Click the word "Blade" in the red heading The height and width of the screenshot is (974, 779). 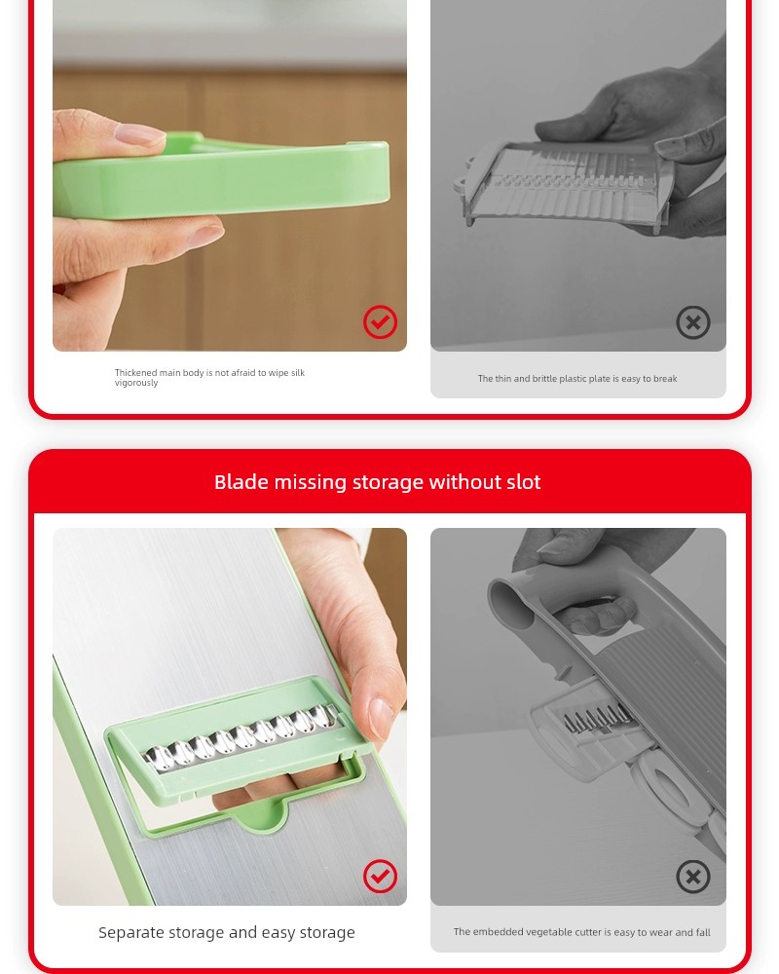pos(241,482)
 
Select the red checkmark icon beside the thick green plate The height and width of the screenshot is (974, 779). pos(380,321)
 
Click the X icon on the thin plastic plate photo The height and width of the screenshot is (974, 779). pos(693,321)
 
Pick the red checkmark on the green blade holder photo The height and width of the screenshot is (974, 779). pos(380,876)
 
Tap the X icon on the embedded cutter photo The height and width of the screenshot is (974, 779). pos(693,876)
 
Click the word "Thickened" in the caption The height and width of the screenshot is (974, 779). pos(135,373)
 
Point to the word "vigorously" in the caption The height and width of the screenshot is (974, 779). pos(136,383)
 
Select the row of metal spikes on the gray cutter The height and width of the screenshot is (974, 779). pos(596,718)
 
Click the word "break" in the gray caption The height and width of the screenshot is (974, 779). pos(665,378)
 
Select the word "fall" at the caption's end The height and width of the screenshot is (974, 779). pos(703,932)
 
